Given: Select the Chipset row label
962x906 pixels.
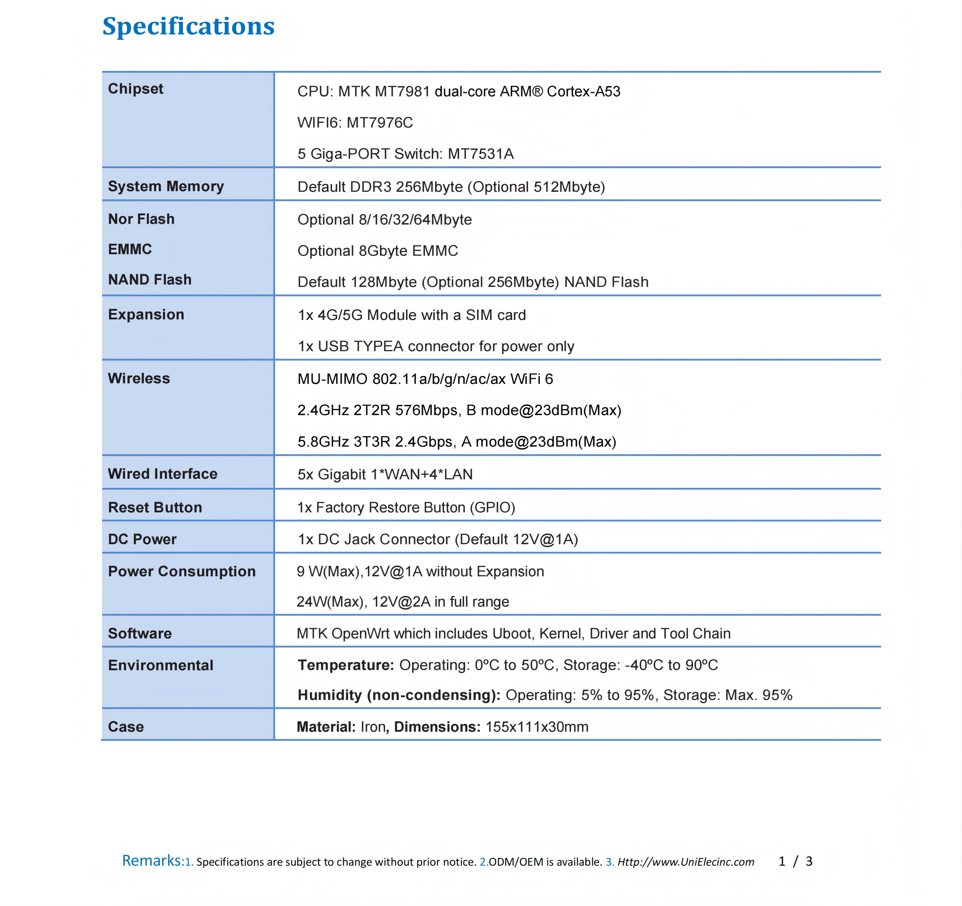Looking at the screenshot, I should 135,89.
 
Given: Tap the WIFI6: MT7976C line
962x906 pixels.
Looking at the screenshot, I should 355,123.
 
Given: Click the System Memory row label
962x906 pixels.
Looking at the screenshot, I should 165,186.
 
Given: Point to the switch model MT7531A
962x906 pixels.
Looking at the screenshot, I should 481,154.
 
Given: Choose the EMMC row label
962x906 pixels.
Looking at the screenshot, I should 130,249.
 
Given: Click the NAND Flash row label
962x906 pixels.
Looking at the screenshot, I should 149,280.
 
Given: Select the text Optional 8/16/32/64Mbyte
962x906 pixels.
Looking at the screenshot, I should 384,220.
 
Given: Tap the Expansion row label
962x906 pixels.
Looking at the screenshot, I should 146,315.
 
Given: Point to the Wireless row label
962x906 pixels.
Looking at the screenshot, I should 139,378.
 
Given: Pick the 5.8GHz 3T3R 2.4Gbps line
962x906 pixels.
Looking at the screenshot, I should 456,442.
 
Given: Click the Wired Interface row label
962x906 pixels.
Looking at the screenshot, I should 163,474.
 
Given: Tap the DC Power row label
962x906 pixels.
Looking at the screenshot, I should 142,539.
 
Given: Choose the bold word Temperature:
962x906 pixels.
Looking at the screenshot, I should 345,665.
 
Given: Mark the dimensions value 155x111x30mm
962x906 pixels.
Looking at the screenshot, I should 537,727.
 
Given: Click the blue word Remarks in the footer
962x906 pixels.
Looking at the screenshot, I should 151,861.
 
